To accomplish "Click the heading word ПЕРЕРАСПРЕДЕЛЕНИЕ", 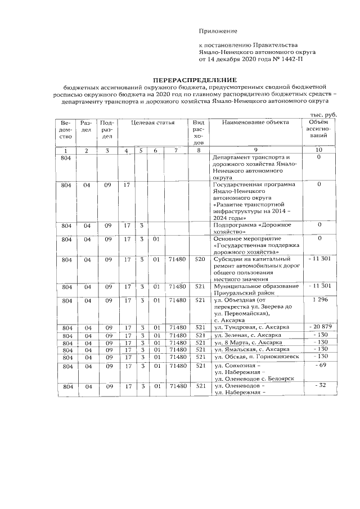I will coord(196,80).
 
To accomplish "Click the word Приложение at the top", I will coord(218,30).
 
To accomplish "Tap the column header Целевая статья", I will coord(152,122).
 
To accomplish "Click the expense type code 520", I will coord(198,259).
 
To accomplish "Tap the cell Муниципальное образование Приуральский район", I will coord(252,289).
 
